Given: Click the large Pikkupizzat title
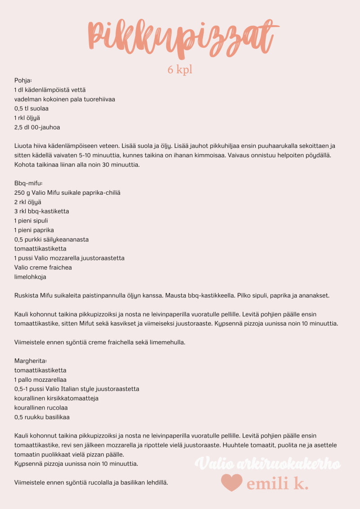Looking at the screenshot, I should (x=180, y=37).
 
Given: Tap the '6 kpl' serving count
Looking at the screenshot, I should (x=180, y=70).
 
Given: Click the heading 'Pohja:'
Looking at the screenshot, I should (x=23, y=80).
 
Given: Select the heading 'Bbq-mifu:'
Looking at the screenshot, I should (x=28, y=183).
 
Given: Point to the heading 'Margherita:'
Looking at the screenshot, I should (x=31, y=361).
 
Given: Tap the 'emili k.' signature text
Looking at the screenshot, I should (x=278, y=484).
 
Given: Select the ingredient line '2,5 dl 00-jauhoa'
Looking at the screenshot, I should (x=37, y=127).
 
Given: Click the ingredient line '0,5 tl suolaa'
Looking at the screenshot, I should (x=31, y=108).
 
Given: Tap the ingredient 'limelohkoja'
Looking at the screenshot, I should (x=30, y=277).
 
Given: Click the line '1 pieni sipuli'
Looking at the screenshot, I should (x=31, y=221).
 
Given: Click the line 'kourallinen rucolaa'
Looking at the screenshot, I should (x=41, y=408).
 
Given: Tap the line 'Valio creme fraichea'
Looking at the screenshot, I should (x=43, y=268).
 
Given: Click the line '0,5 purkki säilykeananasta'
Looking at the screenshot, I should (x=51, y=240).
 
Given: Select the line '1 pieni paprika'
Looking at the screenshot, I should (x=34, y=230).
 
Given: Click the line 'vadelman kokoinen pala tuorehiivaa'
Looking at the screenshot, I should (x=65, y=99).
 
